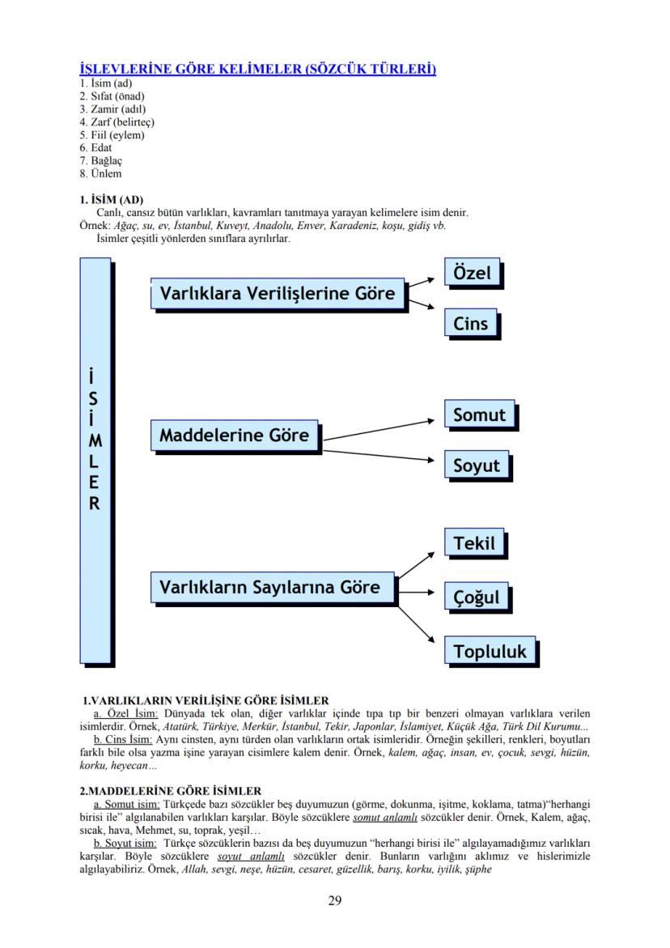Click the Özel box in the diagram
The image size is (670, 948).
pyautogui.click(x=472, y=273)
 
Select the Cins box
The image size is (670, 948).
pyautogui.click(x=471, y=324)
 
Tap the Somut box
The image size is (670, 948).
pyautogui.click(x=479, y=415)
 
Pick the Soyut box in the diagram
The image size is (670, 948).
pyautogui.click(x=477, y=465)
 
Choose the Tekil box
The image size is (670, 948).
pyautogui.click(x=474, y=542)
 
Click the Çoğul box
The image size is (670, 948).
pyautogui.click(x=476, y=597)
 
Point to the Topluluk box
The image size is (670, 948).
pyautogui.click(x=490, y=652)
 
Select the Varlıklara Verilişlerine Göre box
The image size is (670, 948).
pyautogui.click(x=278, y=293)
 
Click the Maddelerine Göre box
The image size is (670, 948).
pyautogui.click(x=235, y=436)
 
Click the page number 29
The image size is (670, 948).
pyautogui.click(x=335, y=900)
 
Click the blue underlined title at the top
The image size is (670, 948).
pyautogui.click(x=258, y=69)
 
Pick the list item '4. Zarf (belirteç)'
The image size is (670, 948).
pyautogui.click(x=117, y=122)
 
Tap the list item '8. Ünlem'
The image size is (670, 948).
pyautogui.click(x=100, y=173)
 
